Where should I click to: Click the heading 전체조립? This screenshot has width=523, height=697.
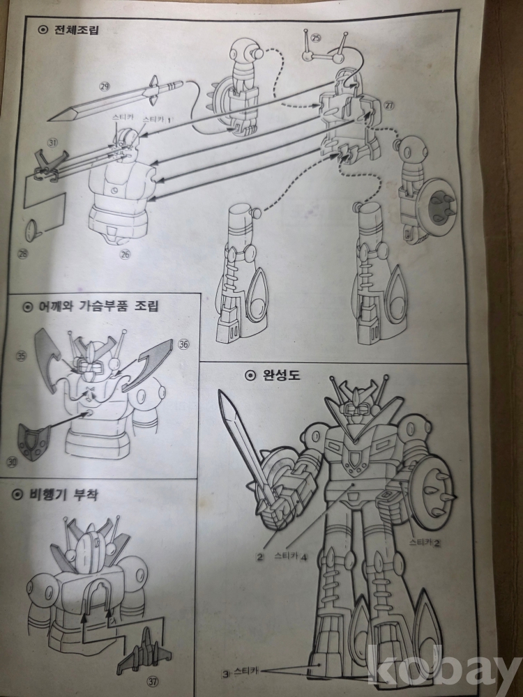[76, 30]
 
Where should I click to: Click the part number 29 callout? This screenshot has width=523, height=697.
[105, 86]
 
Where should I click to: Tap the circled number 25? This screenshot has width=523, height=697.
[315, 38]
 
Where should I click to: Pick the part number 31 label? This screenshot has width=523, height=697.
[53, 143]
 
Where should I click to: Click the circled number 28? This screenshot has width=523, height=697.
[23, 254]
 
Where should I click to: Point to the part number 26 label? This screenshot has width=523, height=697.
[125, 254]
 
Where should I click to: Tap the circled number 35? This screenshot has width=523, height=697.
[21, 355]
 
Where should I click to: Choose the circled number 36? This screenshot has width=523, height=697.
[183, 344]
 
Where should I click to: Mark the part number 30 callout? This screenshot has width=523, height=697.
[12, 462]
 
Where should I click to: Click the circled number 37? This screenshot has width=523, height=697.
[154, 680]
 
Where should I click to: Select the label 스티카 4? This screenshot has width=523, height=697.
[291, 556]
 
